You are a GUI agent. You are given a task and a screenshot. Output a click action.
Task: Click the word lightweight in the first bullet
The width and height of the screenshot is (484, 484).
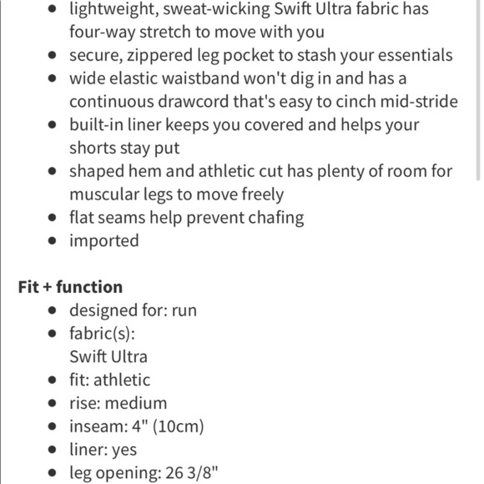(113, 9)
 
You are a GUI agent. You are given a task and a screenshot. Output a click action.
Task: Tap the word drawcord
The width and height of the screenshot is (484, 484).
(190, 103)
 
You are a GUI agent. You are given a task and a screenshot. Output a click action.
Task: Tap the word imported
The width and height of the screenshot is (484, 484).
(104, 242)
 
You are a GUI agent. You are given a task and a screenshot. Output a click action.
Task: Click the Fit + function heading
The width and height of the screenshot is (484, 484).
(70, 287)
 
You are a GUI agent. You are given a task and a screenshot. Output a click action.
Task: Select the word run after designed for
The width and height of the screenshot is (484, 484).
(184, 311)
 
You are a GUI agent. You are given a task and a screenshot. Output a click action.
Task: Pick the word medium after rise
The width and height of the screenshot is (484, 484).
(137, 404)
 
